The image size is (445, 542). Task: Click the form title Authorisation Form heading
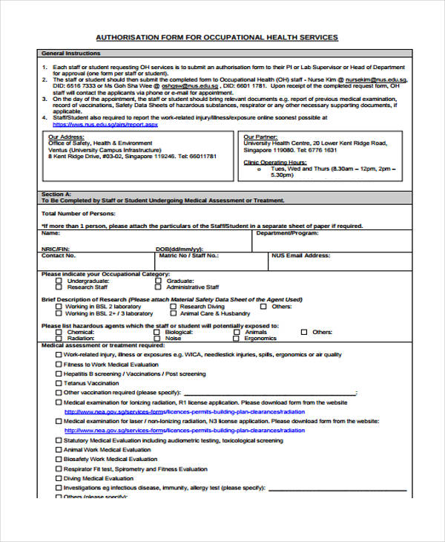pyautogui.click(x=217, y=37)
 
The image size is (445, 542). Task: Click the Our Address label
pyautogui.click(x=67, y=137)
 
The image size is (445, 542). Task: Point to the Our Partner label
pyautogui.click(x=262, y=137)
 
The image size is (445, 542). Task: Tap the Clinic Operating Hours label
pyautogui.click(x=275, y=162)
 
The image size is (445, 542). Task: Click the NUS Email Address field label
pyautogui.click(x=300, y=255)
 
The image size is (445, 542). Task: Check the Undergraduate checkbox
pyautogui.click(x=58, y=281)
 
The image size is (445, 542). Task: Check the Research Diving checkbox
pyautogui.click(x=171, y=306)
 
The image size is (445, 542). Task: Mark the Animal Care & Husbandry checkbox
pyautogui.click(x=171, y=313)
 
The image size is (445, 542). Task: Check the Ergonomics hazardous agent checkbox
pyautogui.click(x=236, y=339)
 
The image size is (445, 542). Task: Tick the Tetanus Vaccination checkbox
pyautogui.click(x=58, y=383)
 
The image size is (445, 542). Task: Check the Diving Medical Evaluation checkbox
pyautogui.click(x=58, y=478)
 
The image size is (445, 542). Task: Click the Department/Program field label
pyautogui.click(x=287, y=233)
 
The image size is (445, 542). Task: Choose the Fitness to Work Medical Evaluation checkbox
pyautogui.click(x=58, y=365)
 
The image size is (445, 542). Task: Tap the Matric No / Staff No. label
pyautogui.click(x=188, y=255)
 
